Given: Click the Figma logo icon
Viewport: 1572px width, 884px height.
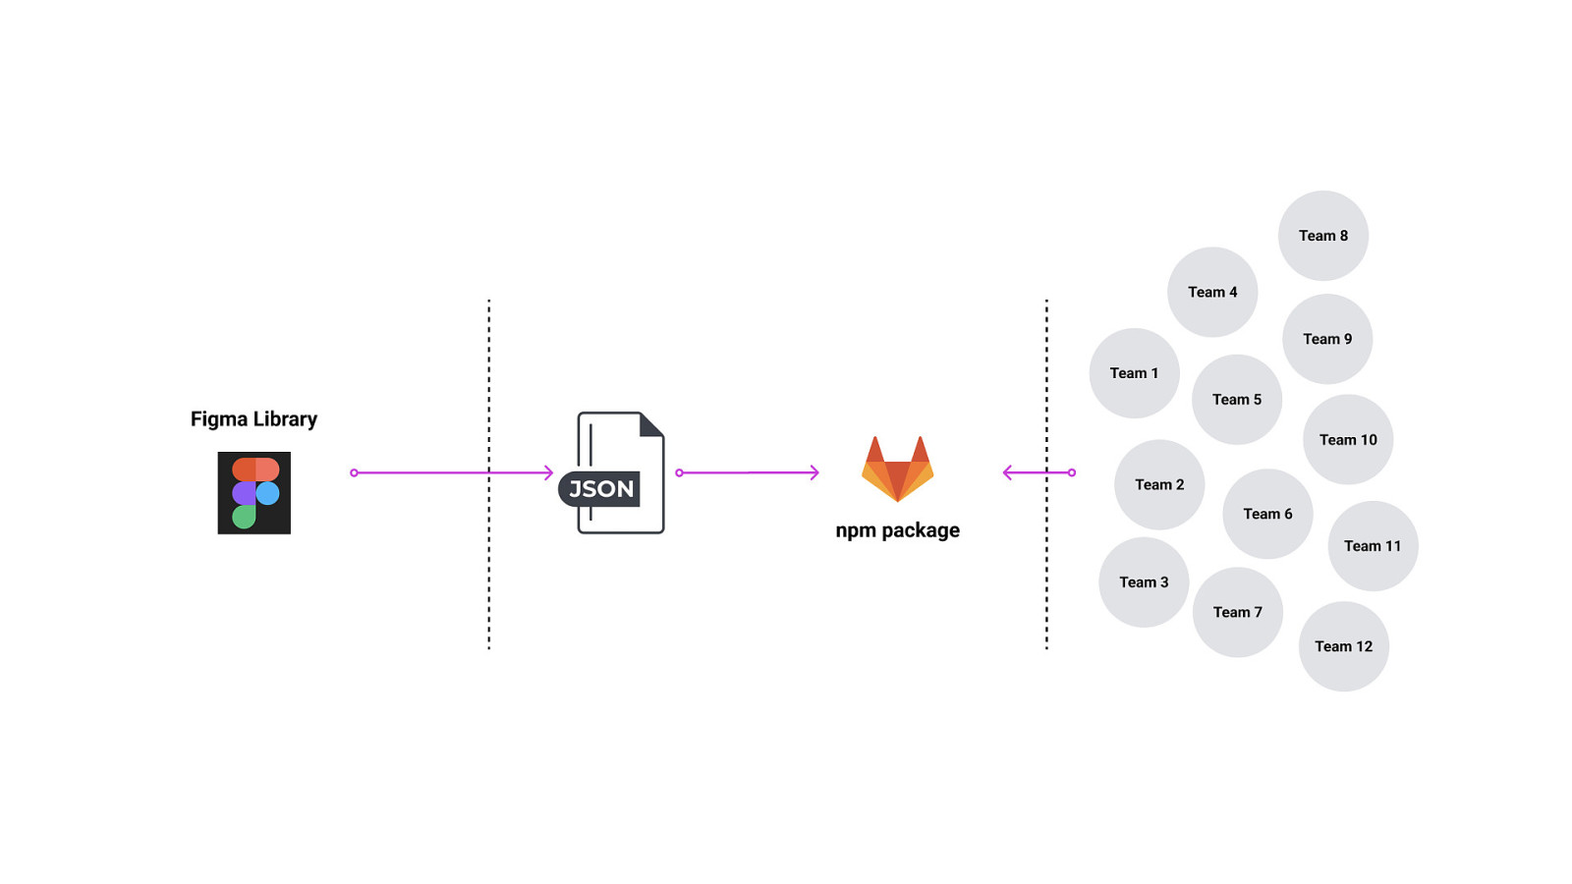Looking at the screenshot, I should coord(253,493).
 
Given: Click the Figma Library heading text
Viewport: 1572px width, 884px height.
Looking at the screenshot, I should coord(253,419).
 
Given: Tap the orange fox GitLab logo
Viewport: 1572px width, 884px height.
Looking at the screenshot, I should coord(897,469).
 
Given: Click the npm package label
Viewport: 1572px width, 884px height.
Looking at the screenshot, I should coord(897,530).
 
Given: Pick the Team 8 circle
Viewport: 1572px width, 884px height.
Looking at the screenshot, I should coord(1322,236).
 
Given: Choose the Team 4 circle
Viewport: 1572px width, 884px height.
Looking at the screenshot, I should coord(1212,292).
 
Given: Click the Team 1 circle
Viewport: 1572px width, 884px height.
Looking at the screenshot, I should coord(1134,373).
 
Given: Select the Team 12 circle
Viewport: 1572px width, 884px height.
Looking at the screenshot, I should coord(1343,646).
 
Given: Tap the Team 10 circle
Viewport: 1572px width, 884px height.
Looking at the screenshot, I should coord(1347,440).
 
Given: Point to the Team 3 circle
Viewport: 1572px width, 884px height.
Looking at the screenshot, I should coord(1144,582).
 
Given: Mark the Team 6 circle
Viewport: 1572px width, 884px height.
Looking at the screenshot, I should coord(1267,514).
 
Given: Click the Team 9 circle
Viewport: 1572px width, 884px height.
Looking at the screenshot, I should coord(1326,339).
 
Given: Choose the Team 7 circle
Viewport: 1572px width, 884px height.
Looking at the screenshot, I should coord(1237,612).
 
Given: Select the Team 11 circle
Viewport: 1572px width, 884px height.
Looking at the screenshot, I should coord(1373,546).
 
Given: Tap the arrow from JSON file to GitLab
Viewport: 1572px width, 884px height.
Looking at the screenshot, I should coord(749,472).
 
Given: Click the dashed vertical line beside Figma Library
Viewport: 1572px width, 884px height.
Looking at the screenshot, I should coord(488,393).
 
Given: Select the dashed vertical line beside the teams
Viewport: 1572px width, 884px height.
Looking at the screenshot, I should coord(1046,393).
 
